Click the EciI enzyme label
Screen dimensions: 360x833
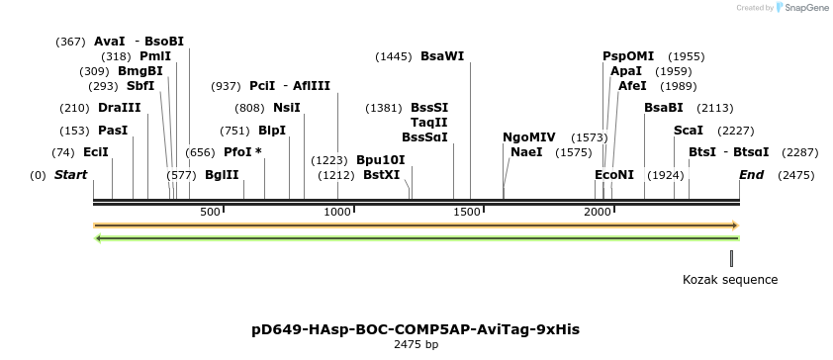click(x=96, y=152)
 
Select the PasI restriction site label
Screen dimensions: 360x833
click(x=113, y=130)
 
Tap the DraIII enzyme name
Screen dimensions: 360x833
click(x=119, y=107)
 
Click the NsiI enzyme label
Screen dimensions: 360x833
click(x=287, y=107)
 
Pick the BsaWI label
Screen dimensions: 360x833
click(x=442, y=56)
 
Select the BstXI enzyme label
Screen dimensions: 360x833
click(x=382, y=175)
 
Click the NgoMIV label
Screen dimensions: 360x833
click(x=529, y=136)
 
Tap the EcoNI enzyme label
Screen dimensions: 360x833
click(x=613, y=175)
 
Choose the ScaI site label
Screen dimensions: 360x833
click(x=689, y=130)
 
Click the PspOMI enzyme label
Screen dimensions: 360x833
click(x=629, y=56)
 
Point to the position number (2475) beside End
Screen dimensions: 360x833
click(x=795, y=175)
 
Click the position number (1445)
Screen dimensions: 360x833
click(x=394, y=56)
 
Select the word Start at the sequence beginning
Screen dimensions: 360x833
click(x=70, y=175)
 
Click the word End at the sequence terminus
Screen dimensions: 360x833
click(x=752, y=175)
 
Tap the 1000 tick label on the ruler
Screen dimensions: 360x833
click(x=338, y=212)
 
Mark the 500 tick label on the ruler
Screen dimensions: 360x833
click(x=210, y=212)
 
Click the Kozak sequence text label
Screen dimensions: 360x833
click(x=730, y=280)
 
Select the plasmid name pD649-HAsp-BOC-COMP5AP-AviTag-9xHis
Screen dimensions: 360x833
click(x=416, y=328)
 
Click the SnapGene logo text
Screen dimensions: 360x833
click(x=806, y=8)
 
